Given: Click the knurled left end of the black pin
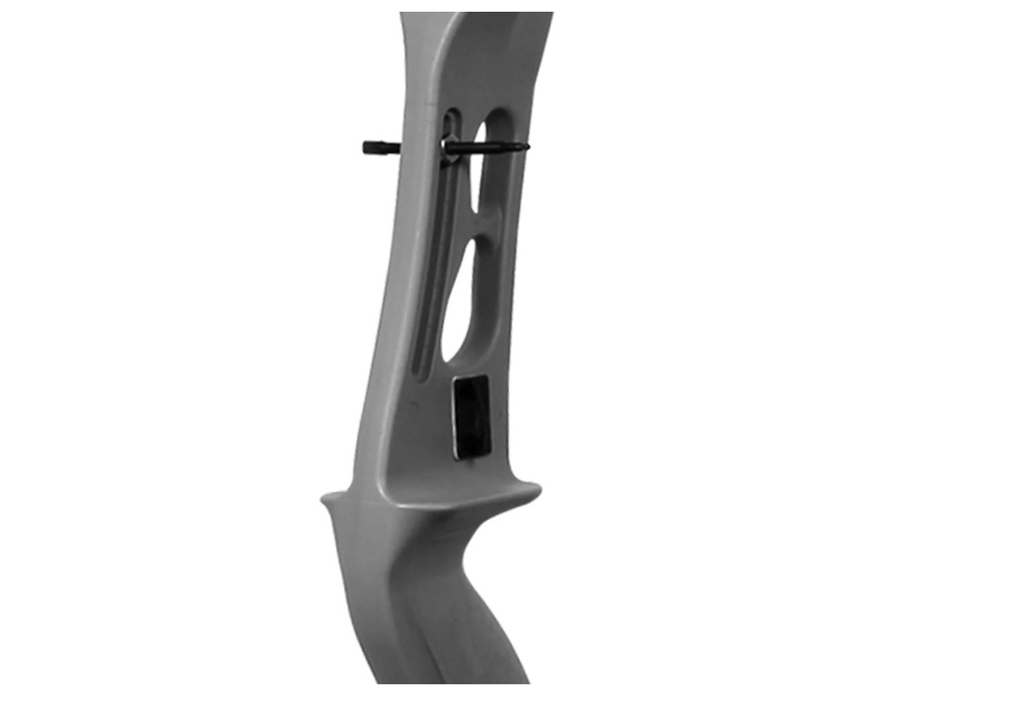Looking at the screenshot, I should point(373,148).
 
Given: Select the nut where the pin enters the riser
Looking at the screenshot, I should point(450,149).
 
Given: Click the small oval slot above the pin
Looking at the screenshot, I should point(450,123).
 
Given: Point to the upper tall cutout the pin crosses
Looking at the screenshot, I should point(486,173).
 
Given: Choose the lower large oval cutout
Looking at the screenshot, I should point(463,301).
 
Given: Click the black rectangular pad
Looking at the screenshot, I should point(470,416).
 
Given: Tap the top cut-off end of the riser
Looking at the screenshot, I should point(476,16).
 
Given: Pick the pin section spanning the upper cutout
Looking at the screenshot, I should point(488,148).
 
